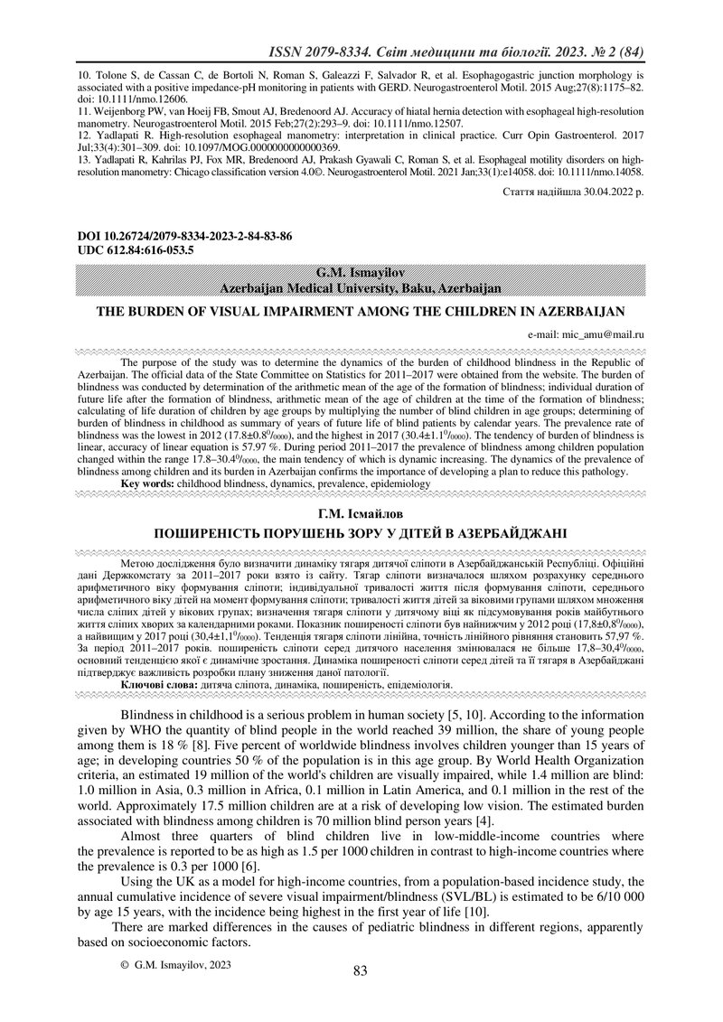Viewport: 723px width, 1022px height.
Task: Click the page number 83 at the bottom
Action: tap(361, 971)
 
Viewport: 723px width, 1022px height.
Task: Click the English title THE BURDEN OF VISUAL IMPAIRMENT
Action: tap(361, 312)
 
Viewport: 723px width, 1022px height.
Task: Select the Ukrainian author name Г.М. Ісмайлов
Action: tap(361, 514)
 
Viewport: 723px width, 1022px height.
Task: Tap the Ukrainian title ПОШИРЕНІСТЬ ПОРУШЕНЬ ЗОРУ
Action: tap(361, 532)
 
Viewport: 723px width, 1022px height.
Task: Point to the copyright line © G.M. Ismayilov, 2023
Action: tap(176, 965)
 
